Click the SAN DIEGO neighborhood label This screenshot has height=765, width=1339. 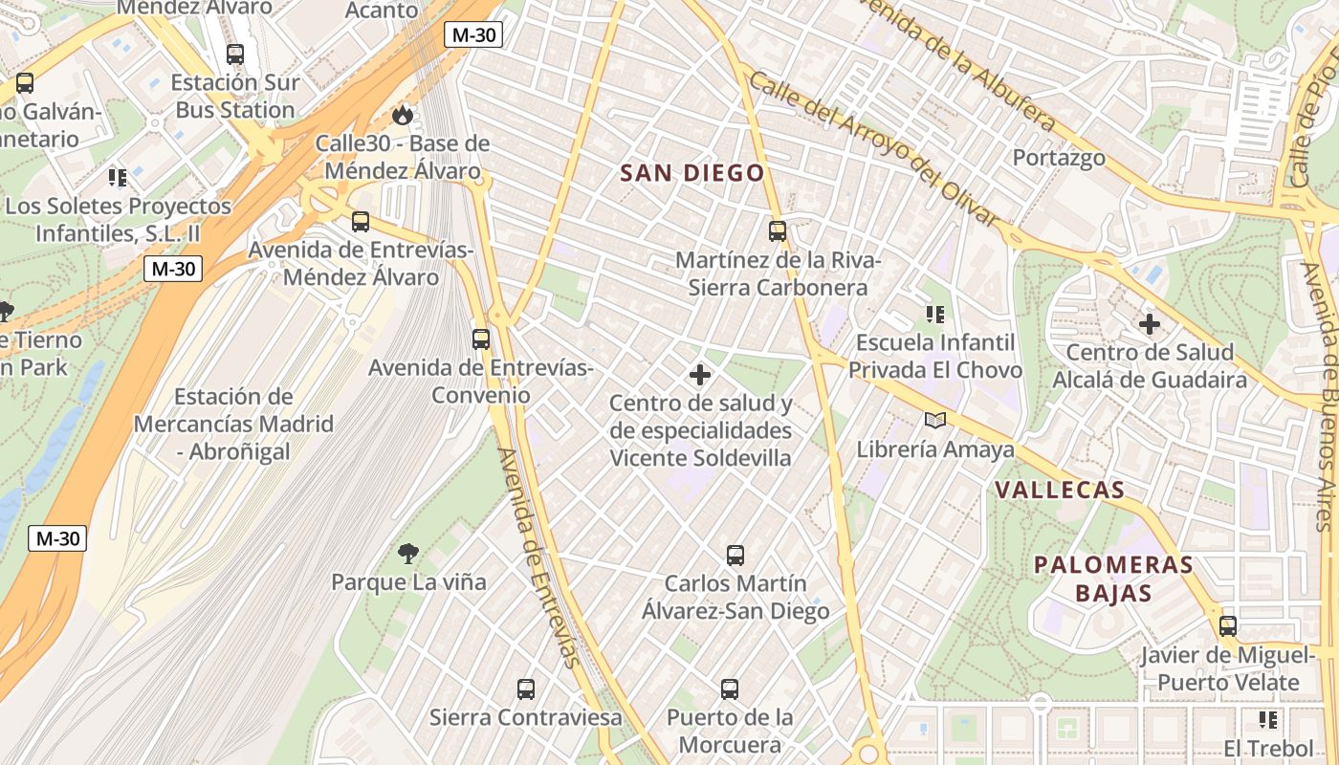692,173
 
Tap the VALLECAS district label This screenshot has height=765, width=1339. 1059,491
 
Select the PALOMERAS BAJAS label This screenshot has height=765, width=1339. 1113,579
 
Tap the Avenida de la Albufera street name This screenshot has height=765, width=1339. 955,63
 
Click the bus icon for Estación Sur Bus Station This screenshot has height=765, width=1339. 235,55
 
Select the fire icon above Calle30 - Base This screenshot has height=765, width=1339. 403,115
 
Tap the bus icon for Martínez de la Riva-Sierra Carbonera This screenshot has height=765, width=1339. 778,230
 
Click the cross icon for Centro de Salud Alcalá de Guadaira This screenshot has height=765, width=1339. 1150,324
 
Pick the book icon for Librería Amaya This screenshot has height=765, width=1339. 934,420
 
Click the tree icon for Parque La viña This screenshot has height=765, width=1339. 408,553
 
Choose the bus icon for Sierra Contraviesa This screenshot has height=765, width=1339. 525,688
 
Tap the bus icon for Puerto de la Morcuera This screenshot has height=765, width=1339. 730,688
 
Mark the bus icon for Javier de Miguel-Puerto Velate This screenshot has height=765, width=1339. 1228,626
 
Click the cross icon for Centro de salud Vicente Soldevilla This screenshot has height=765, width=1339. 700,374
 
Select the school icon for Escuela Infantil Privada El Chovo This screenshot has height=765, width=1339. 934,314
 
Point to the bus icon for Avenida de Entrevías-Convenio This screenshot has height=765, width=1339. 481,339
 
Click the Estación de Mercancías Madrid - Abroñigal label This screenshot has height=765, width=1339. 233,424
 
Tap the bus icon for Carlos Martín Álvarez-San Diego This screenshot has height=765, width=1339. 735,555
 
